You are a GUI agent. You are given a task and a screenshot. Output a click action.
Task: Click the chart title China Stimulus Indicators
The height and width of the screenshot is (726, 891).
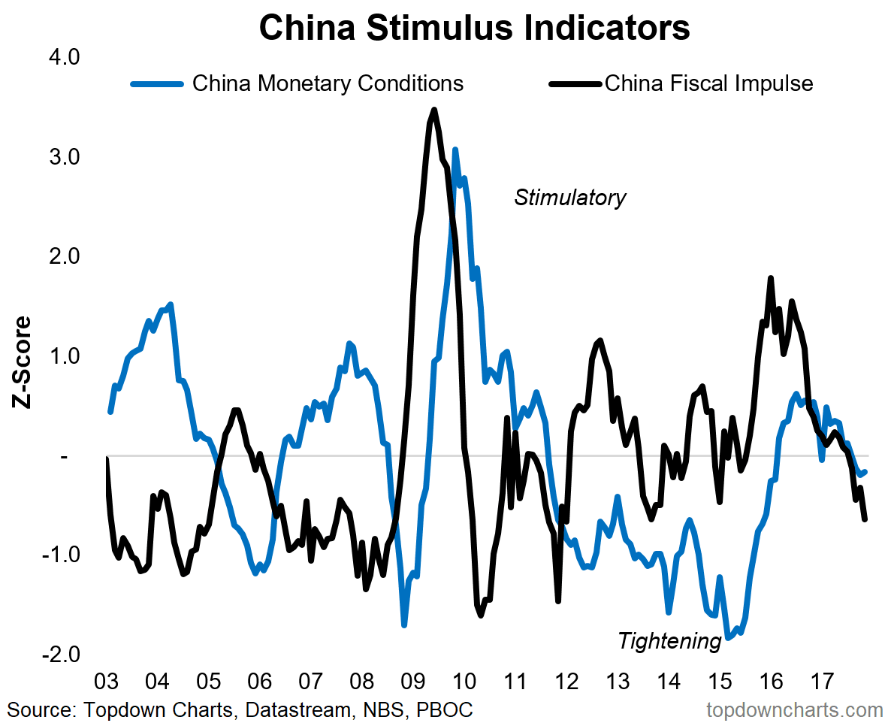pos(474,29)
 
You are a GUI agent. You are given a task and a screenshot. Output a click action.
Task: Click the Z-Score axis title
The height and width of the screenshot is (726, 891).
pos(23,363)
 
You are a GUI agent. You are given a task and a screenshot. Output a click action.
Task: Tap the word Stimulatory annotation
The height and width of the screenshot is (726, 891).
pos(569,198)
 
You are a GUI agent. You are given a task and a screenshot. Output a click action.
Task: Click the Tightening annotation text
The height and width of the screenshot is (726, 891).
pos(669,641)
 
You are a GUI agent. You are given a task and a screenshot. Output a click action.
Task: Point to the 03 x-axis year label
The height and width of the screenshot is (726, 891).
pos(106,682)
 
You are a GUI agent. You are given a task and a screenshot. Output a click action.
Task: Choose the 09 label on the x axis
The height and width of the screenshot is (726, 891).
pos(413,682)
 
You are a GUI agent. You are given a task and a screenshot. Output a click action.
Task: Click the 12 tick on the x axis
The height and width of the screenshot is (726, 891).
pos(567,682)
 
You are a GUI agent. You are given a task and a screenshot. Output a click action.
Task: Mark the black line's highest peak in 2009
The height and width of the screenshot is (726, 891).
pos(434,110)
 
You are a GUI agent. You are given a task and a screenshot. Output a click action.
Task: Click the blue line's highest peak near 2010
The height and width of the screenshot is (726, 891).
pos(455,150)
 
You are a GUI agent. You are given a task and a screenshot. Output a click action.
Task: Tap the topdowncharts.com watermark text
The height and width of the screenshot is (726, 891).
pos(795,709)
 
